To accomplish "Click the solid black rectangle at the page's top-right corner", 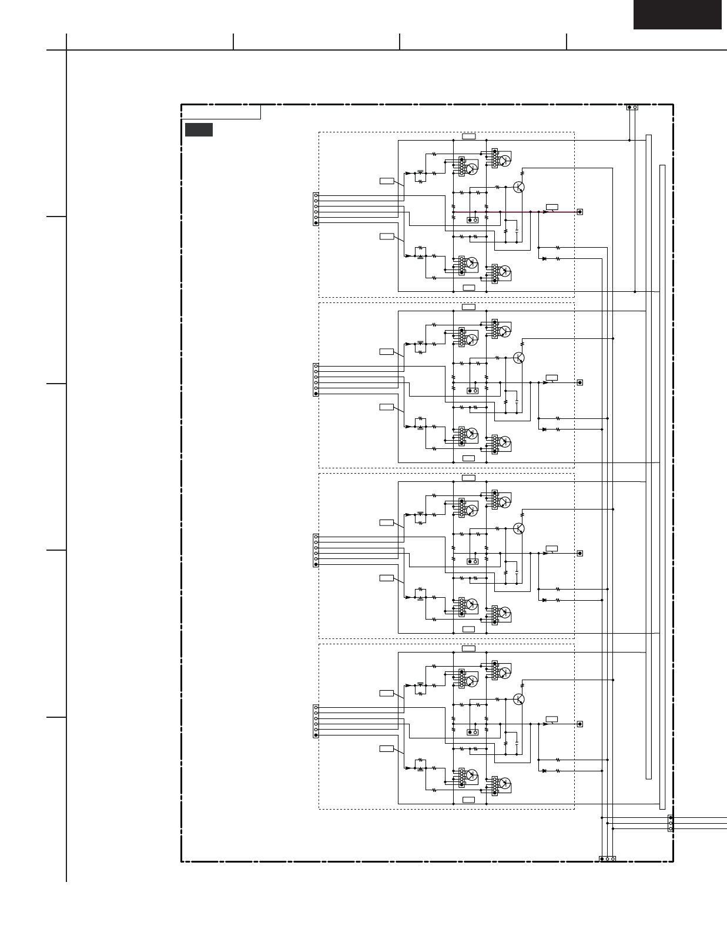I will click(x=677, y=15).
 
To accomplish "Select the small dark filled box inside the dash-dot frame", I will click(x=199, y=130).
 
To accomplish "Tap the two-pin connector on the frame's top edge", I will click(x=632, y=107).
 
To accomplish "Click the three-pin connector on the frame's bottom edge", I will click(x=607, y=859).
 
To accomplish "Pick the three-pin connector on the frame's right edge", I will click(x=671, y=823).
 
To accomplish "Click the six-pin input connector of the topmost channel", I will click(x=316, y=209).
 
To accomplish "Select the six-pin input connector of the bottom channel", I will click(x=316, y=721).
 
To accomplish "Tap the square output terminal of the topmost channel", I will click(x=580, y=212).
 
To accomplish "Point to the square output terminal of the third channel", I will click(x=580, y=553).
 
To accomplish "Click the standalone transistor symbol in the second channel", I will click(x=518, y=358).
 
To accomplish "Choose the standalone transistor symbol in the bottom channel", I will click(x=518, y=699).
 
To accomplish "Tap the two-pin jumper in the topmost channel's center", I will click(x=472, y=220).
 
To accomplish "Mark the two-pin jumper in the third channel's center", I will click(x=472, y=561).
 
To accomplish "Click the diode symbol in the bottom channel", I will click(x=544, y=771).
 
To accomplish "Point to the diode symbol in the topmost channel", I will click(x=544, y=259).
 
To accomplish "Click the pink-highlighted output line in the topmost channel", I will click(x=500, y=212).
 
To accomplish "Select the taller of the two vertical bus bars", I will click(x=662, y=487).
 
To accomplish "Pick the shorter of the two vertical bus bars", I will click(x=648, y=457).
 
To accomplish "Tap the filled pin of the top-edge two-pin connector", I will click(x=629, y=107).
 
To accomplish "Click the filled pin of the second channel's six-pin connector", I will click(x=316, y=394).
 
